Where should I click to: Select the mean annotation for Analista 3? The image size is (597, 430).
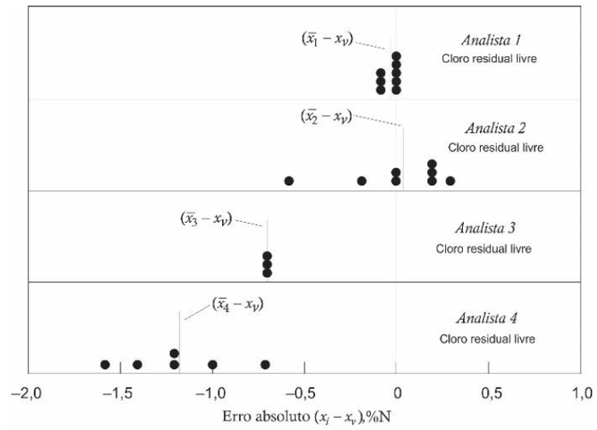click(x=206, y=218)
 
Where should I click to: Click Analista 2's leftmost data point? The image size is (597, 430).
click(x=289, y=181)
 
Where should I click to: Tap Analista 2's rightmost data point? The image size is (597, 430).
click(x=450, y=181)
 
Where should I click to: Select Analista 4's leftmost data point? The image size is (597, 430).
click(x=105, y=364)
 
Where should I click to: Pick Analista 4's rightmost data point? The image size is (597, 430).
click(x=265, y=364)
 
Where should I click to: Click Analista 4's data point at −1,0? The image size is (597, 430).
click(x=213, y=364)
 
